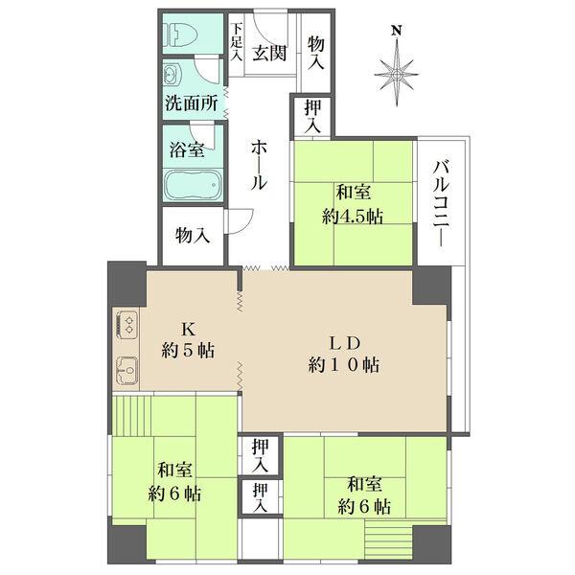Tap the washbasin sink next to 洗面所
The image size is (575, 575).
click(x=172, y=75)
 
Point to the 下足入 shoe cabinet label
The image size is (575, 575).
click(x=237, y=42)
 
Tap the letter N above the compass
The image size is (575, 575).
click(x=396, y=31)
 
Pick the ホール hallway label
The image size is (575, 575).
click(x=259, y=166)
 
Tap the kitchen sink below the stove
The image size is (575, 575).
click(x=126, y=367)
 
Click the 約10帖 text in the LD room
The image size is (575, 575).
click(x=345, y=364)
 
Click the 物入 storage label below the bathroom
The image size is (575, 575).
click(x=193, y=235)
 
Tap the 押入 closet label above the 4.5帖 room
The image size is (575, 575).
click(x=311, y=117)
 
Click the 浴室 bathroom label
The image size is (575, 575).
click(x=187, y=149)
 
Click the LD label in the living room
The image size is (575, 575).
click(x=345, y=341)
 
